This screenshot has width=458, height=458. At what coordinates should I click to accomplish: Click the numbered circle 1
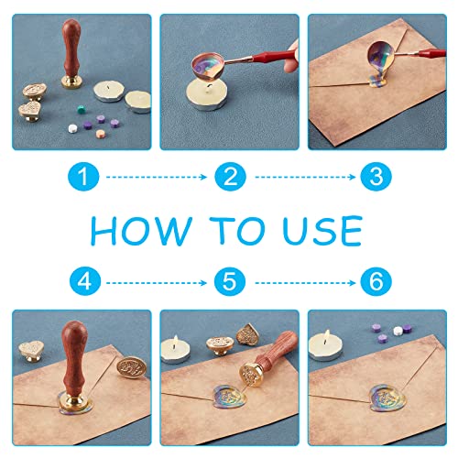[x=83, y=177]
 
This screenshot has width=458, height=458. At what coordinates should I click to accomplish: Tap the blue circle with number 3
[x=376, y=177]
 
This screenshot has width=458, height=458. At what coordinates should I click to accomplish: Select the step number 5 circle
[x=230, y=281]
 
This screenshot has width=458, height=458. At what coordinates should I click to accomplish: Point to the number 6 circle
[x=376, y=281]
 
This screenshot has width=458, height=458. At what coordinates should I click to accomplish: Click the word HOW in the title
[x=141, y=230]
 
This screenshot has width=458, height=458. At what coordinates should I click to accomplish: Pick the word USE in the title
[x=322, y=231]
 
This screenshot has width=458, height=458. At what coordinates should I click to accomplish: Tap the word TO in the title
[x=236, y=230]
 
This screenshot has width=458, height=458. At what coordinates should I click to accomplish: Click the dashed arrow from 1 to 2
[x=157, y=177]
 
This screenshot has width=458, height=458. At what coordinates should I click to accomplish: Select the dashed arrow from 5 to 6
[x=305, y=283]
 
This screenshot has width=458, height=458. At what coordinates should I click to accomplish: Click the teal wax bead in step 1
[x=80, y=109]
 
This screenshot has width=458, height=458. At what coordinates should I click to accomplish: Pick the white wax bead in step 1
[x=72, y=128]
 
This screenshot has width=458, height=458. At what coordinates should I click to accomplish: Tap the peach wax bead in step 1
[x=100, y=134]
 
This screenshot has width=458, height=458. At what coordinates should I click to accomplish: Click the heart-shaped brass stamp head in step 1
[x=30, y=110]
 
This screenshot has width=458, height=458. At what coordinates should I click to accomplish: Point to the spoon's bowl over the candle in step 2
[x=208, y=66]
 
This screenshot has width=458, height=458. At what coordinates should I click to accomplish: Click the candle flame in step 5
[x=176, y=340]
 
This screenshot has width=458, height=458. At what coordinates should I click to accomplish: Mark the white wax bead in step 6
[x=398, y=331]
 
